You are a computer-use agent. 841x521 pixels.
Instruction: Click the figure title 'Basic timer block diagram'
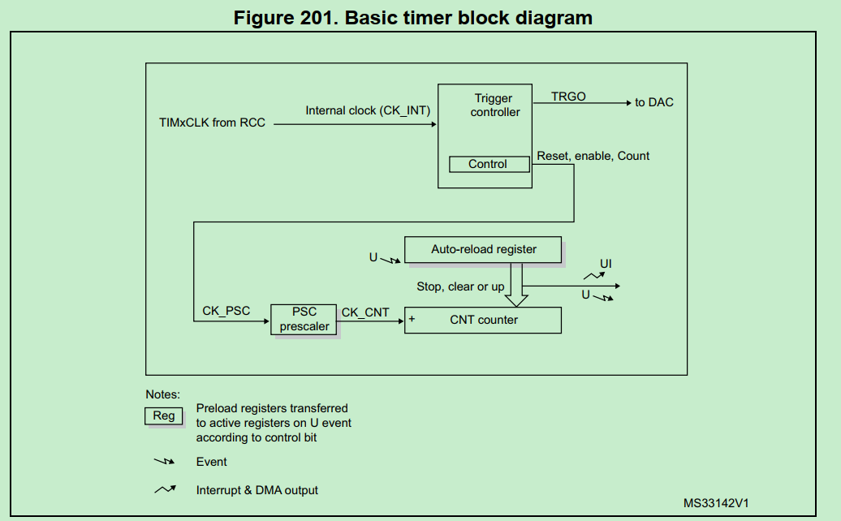click(413, 17)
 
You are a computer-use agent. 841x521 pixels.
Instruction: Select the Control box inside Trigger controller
click(488, 164)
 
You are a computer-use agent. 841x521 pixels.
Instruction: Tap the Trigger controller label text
click(494, 105)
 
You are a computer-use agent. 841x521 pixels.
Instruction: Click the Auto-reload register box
click(483, 249)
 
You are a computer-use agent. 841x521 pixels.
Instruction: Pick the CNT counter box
click(483, 320)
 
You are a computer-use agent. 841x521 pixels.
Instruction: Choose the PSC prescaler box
click(304, 319)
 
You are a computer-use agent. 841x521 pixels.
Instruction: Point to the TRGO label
click(568, 97)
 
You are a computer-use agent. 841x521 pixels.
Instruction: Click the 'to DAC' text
click(654, 102)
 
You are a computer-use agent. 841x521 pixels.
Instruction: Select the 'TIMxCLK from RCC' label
click(212, 123)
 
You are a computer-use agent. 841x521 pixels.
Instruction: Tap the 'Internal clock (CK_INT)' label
click(368, 110)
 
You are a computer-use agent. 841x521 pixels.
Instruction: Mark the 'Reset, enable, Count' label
click(593, 156)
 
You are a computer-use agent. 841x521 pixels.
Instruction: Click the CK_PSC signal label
click(226, 311)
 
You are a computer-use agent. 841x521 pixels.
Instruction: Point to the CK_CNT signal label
click(365, 312)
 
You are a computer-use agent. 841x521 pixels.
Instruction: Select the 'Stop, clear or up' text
click(460, 286)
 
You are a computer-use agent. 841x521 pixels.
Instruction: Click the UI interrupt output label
click(606, 265)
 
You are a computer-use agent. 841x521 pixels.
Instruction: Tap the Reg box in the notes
click(164, 416)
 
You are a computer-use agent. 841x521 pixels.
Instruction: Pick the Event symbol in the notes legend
click(165, 462)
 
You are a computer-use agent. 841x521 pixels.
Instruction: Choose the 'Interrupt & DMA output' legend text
click(257, 490)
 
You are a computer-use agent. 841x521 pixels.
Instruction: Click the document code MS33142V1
click(715, 503)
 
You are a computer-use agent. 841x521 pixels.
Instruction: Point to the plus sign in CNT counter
click(412, 319)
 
